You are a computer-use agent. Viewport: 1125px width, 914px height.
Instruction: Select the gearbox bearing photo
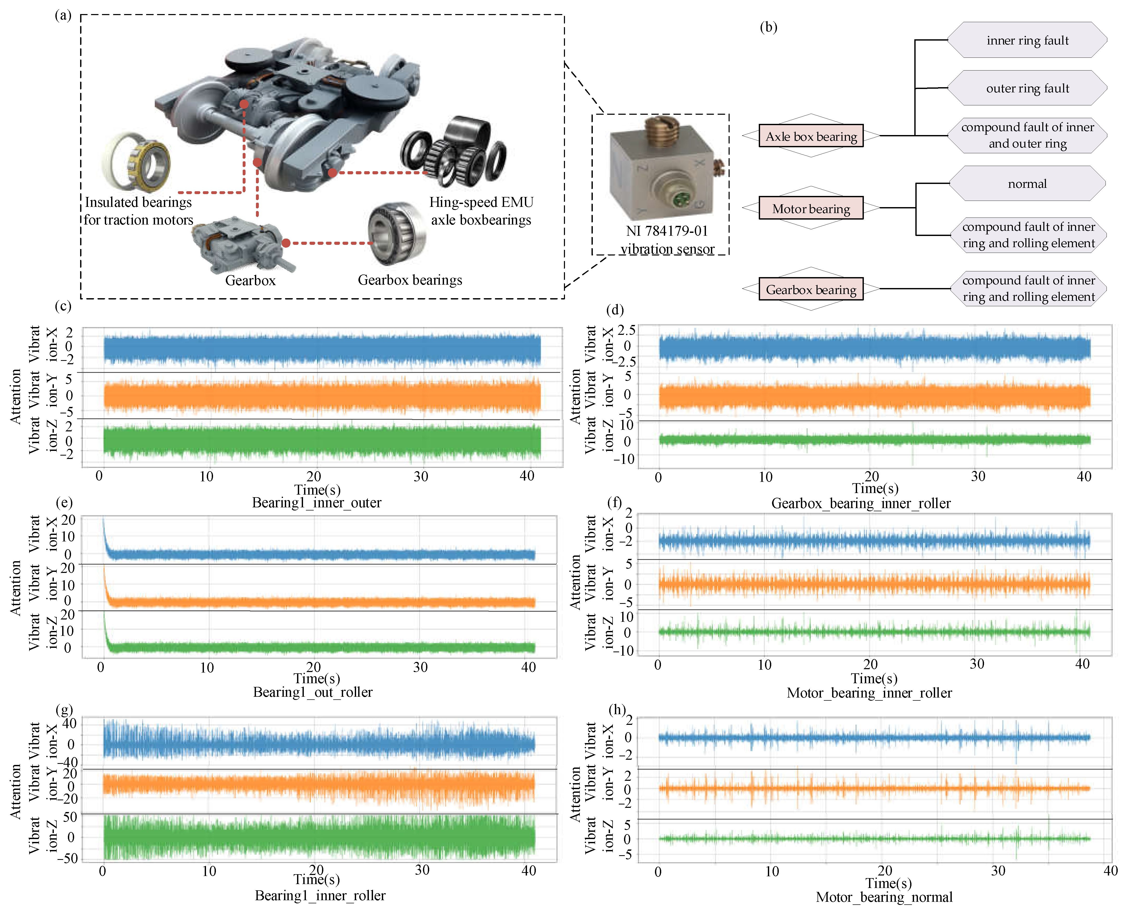[x=397, y=233]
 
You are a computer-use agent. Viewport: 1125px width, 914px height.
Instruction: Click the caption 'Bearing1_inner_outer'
[x=316, y=503]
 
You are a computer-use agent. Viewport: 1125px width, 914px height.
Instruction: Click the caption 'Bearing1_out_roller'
[x=313, y=692]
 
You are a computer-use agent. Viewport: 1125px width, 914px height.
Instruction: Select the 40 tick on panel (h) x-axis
[x=1110, y=871]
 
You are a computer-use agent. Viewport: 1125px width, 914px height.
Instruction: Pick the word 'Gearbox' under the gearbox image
[x=250, y=280]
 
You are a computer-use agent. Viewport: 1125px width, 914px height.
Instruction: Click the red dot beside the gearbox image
[x=286, y=243]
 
